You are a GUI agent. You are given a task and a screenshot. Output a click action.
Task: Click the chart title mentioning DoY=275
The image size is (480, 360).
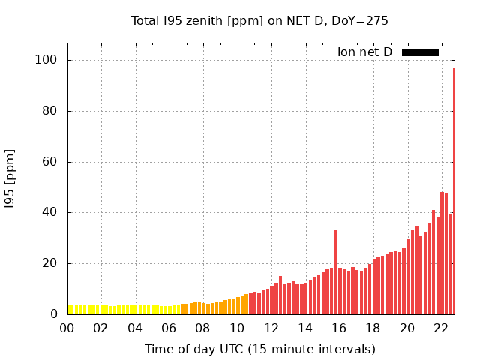coord(259,20)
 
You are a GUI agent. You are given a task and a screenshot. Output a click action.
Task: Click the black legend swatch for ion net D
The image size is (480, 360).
coord(420,52)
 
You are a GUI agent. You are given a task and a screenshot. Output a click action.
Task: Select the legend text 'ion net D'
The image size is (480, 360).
coord(364,52)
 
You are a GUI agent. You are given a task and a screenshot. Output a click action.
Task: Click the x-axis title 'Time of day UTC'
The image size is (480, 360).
coord(259,349)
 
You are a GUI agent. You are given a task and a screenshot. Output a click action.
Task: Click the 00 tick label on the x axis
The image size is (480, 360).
coord(67,328)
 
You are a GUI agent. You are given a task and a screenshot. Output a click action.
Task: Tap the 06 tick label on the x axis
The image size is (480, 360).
coord(169,328)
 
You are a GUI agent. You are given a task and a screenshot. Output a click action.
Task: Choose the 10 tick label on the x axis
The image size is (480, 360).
coord(238,328)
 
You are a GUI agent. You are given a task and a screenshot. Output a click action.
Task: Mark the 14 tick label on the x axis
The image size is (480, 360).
coord(305,328)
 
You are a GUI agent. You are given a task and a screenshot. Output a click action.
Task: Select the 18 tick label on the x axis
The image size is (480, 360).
coord(373,328)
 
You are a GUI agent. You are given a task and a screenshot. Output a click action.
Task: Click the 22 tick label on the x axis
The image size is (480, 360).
coord(442,328)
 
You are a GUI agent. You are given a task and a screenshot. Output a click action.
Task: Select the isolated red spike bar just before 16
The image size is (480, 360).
coord(336,272)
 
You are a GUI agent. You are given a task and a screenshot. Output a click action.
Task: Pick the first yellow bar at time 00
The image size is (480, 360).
coord(70,309)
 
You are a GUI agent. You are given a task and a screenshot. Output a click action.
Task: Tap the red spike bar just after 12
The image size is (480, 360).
coord(280,295)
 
